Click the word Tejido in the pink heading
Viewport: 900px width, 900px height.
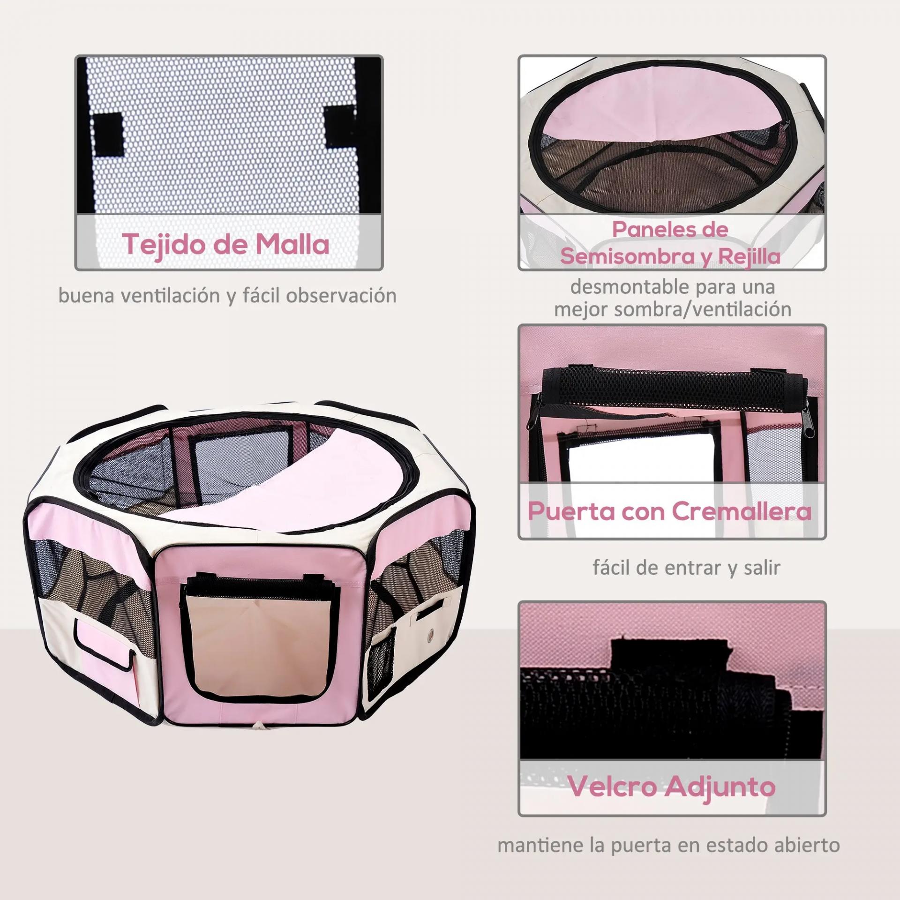pyautogui.click(x=164, y=244)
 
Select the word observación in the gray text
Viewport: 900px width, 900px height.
pyautogui.click(x=341, y=296)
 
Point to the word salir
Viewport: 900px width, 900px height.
pyautogui.click(x=762, y=568)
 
